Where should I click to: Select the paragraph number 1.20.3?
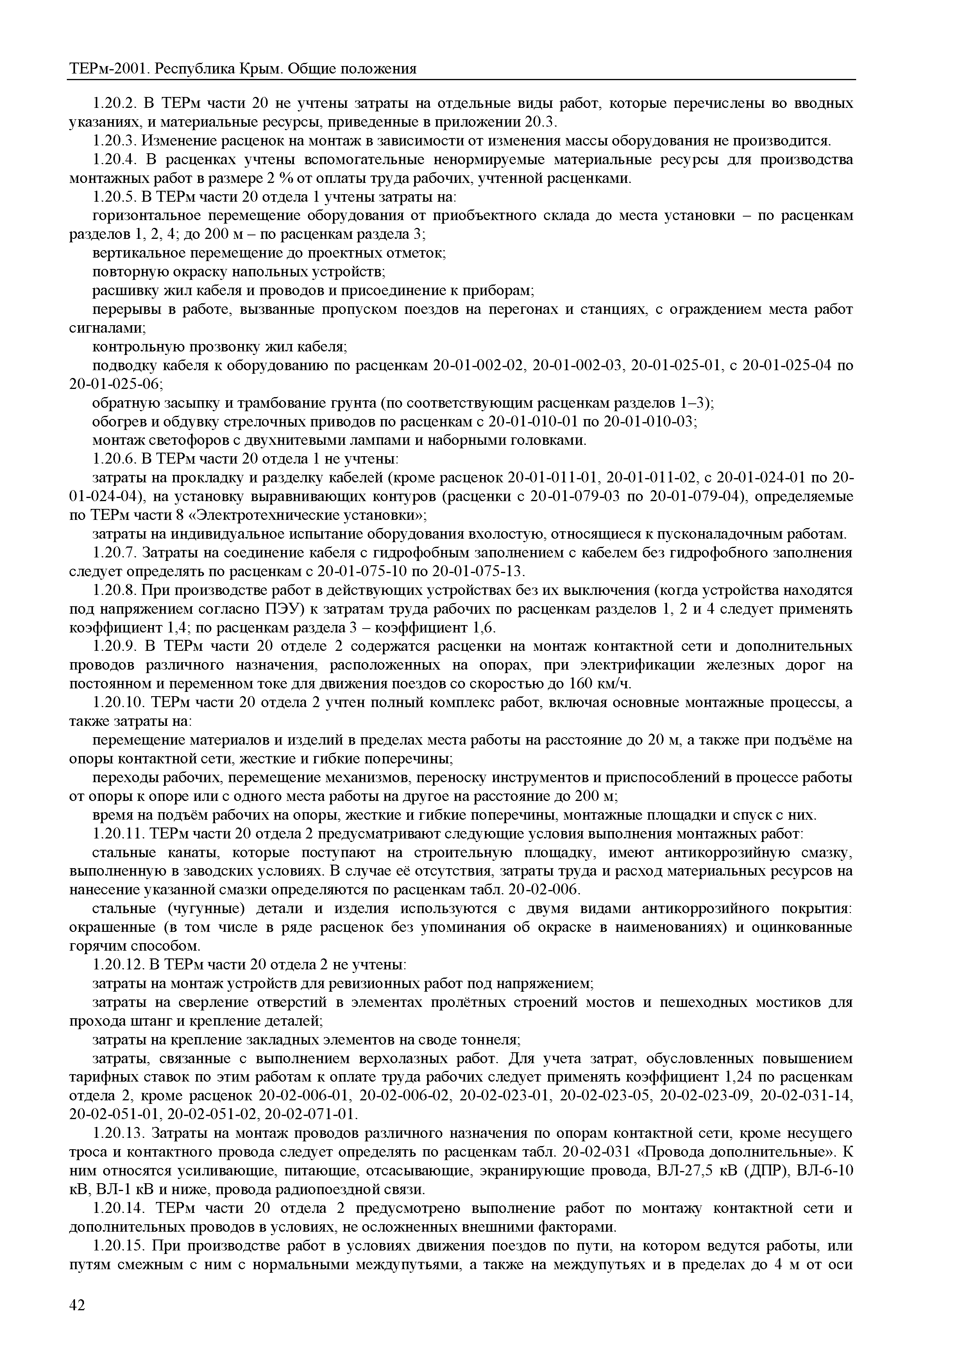115,141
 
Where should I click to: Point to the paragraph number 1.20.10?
118,702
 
